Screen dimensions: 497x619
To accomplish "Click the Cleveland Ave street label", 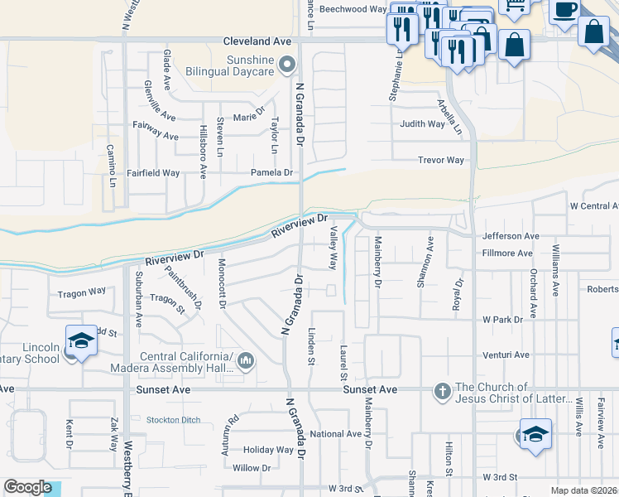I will click(258, 41).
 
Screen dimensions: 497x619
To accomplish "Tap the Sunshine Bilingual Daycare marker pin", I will click(287, 64).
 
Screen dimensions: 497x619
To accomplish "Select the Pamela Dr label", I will click(272, 172).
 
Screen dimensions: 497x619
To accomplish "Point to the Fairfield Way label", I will click(154, 173).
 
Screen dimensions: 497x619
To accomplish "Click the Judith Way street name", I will click(422, 124).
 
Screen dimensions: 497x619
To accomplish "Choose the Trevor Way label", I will click(441, 160).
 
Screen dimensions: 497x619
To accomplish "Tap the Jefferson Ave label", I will click(511, 236).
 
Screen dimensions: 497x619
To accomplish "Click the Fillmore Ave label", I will click(506, 253).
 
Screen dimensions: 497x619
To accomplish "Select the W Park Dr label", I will click(503, 319).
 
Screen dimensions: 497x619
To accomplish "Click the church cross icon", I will click(443, 390).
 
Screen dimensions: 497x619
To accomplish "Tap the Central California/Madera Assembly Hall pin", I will click(247, 360).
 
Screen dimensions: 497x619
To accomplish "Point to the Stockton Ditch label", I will click(173, 420).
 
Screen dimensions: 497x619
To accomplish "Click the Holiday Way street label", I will click(268, 450).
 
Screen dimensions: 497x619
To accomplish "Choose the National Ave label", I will click(336, 434).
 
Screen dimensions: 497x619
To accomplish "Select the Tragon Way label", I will click(81, 292).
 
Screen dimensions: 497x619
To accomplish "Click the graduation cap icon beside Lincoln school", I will click(81, 340).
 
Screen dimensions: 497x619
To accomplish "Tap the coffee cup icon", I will click(565, 10).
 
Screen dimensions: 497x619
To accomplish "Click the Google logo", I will click(27, 487).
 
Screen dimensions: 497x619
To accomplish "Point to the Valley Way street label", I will click(333, 248).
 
